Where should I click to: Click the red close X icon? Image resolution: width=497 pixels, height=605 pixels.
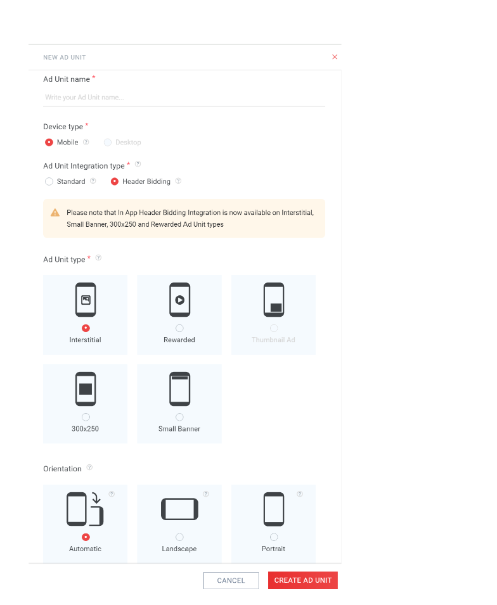click(x=335, y=57)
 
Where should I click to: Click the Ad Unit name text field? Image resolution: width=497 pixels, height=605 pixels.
click(x=184, y=97)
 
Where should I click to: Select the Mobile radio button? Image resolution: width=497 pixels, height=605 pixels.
click(x=49, y=143)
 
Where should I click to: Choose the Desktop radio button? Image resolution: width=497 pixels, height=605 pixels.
click(x=108, y=143)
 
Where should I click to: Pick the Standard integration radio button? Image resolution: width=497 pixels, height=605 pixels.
click(x=49, y=181)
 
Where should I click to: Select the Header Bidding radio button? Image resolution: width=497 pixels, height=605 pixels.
click(x=115, y=181)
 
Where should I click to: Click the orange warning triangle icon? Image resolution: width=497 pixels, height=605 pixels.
click(x=55, y=213)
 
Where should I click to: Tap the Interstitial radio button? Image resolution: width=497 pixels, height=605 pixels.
click(x=86, y=328)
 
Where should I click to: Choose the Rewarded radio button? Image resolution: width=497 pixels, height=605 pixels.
click(x=179, y=328)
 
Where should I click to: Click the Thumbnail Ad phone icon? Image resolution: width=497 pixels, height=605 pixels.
click(x=274, y=300)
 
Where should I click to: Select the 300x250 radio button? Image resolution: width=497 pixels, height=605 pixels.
click(x=86, y=417)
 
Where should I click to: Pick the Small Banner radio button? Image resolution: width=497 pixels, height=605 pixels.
click(x=179, y=417)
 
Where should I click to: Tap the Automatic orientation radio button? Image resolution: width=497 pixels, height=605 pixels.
click(x=86, y=537)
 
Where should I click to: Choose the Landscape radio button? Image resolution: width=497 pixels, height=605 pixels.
click(x=179, y=537)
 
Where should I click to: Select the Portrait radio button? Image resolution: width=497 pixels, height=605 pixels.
click(x=274, y=537)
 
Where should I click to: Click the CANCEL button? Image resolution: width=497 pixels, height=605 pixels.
click(x=231, y=580)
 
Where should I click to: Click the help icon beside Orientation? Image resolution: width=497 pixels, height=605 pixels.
click(x=89, y=468)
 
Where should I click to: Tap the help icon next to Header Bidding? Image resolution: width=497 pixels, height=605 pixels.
click(x=178, y=181)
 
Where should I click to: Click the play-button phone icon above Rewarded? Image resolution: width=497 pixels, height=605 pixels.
click(x=179, y=300)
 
